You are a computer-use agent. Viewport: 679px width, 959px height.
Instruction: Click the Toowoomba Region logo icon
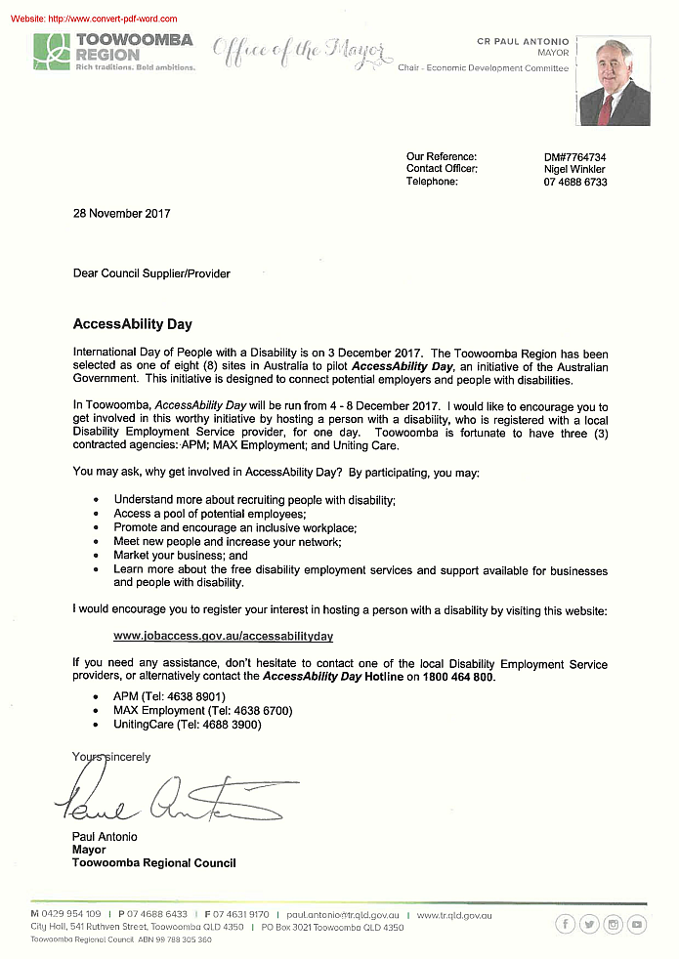pyautogui.click(x=52, y=51)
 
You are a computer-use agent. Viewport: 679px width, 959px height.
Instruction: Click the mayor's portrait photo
pyautogui.click(x=614, y=82)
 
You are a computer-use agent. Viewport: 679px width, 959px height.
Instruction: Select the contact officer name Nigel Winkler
pyautogui.click(x=575, y=169)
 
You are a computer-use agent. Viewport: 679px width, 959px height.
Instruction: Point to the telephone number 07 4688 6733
pyautogui.click(x=575, y=182)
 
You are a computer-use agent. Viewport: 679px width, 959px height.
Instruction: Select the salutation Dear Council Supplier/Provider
pyautogui.click(x=151, y=273)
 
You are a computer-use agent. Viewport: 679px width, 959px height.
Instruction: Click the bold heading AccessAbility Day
pyautogui.click(x=132, y=323)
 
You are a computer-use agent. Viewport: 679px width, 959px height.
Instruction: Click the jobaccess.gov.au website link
pyautogui.click(x=224, y=636)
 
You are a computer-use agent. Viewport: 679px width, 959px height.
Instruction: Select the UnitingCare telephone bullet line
pyautogui.click(x=188, y=725)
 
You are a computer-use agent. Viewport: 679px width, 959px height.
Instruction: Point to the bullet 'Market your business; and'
pyautogui.click(x=181, y=556)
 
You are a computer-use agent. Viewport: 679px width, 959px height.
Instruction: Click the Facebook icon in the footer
pyautogui.click(x=565, y=924)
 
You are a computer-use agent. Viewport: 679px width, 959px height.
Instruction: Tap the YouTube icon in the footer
pyautogui.click(x=637, y=924)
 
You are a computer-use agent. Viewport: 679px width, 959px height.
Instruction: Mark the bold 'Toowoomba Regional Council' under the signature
pyautogui.click(x=153, y=863)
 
